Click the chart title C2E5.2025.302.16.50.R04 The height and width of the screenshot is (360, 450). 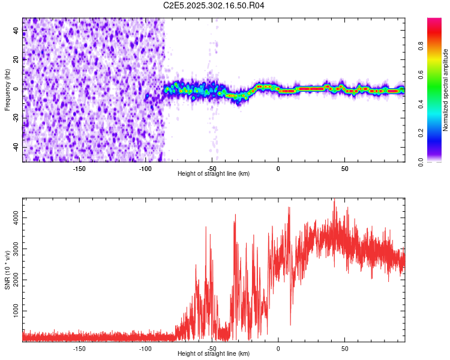point(214,6)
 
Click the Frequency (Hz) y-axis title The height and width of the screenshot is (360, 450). point(7,89)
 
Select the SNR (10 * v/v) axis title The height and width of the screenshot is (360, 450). point(7,270)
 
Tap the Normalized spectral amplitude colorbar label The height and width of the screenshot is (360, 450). point(446,90)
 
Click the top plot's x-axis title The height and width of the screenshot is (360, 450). point(214,173)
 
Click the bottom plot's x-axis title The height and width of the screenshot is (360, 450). point(214,353)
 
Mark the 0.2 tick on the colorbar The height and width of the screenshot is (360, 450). point(437,133)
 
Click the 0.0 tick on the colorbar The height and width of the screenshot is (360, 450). point(437,161)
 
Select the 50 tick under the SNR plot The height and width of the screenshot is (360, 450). point(344,348)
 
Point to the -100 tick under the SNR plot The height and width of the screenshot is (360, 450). point(145,348)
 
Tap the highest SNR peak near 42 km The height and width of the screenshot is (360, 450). point(334,202)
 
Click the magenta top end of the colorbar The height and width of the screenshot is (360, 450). point(434,21)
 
